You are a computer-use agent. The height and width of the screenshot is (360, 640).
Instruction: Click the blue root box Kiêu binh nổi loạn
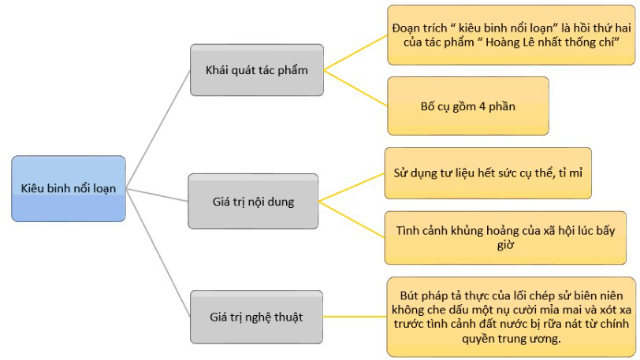[68, 188]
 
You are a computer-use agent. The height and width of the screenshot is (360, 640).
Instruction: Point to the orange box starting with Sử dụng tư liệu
[487, 172]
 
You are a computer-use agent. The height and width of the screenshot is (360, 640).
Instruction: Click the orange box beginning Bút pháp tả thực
[510, 315]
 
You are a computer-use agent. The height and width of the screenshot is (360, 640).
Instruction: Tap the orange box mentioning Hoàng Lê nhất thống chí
[503, 35]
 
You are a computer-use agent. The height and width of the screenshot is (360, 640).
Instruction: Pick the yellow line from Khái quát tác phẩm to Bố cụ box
[355, 87]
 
